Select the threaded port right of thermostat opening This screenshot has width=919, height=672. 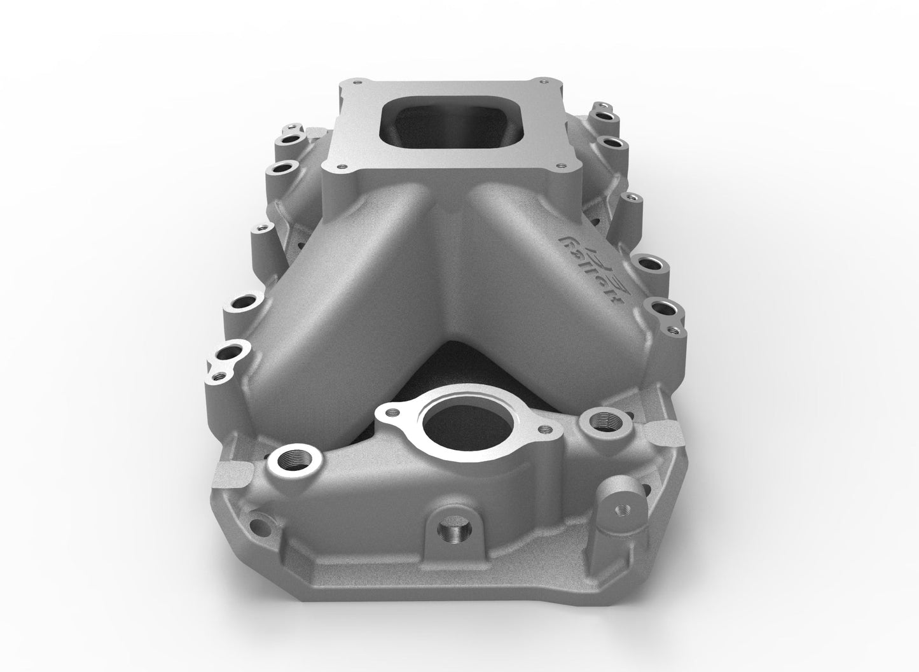[x=601, y=419]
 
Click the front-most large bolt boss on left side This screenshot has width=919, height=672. [x=228, y=351]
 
